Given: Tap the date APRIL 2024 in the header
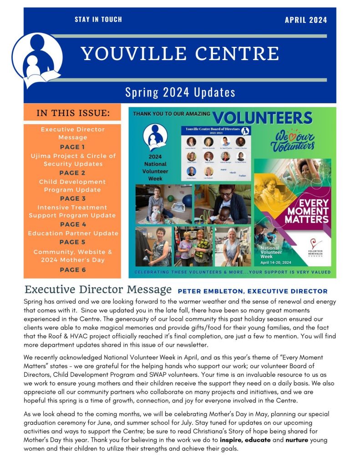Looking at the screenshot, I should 305,20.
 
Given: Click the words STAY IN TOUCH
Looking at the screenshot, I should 98,20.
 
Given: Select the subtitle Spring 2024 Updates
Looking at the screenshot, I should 180,92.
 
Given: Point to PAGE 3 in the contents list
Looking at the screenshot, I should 72,198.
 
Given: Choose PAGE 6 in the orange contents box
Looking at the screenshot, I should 72,269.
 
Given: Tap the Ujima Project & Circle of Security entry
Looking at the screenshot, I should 73,160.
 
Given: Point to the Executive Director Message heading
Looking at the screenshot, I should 98,289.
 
